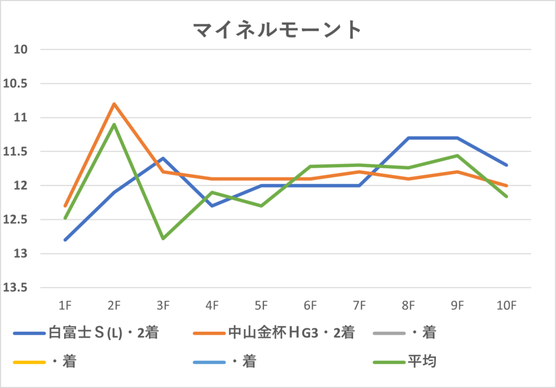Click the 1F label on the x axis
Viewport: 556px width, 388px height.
point(65,306)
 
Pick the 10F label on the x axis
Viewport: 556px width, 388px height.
point(506,306)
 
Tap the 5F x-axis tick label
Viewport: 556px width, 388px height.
point(261,306)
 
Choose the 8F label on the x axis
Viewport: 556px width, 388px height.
point(408,306)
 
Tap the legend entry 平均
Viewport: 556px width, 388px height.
point(422,361)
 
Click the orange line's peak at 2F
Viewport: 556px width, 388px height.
point(114,104)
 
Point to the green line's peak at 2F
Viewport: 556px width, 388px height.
point(114,124)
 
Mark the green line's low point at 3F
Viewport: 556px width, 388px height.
point(163,238)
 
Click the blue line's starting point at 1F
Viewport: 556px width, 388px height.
point(65,240)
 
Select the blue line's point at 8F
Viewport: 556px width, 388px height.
point(408,138)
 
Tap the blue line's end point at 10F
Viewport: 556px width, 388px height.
point(507,165)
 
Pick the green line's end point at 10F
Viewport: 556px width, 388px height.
point(507,196)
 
